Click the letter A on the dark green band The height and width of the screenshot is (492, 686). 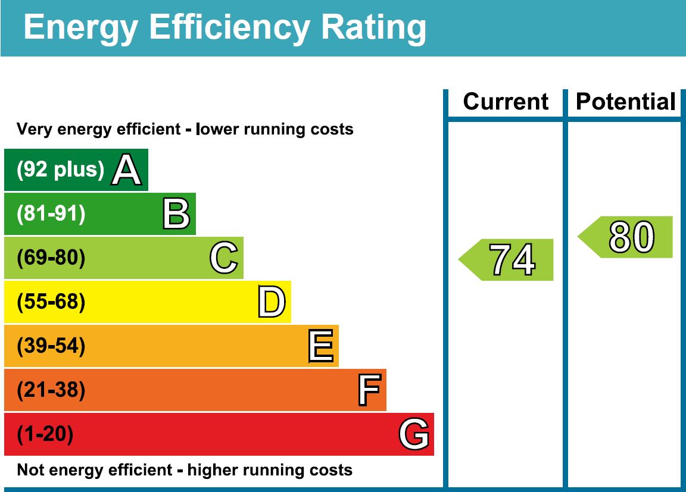127,170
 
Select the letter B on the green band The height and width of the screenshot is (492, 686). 176,214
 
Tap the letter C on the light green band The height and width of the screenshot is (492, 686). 224,258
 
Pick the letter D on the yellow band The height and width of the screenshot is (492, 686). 272,302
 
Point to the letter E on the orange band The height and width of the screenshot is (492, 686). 320,346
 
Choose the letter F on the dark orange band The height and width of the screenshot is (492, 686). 369,390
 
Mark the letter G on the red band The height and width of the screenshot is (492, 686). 413,434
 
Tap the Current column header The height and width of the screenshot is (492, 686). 506,102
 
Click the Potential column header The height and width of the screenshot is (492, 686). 626,102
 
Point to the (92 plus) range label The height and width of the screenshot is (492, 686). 60,170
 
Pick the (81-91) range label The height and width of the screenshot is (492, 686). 51,214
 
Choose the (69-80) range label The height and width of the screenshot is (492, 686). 51,258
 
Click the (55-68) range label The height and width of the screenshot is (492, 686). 51,302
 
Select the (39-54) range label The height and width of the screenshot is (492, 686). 51,346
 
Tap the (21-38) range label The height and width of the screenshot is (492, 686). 51,390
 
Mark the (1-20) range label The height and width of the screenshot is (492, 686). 45,435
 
